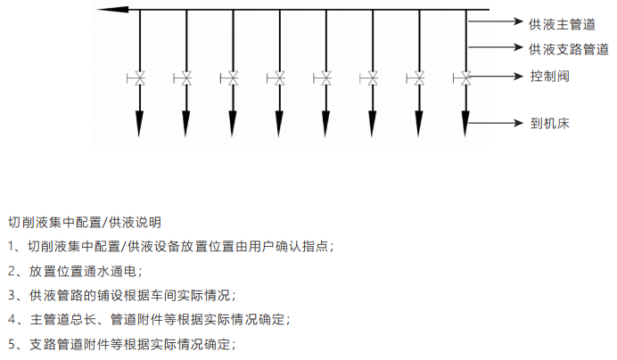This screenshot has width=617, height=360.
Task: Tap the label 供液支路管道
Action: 568,49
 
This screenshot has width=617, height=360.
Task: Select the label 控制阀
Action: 549,77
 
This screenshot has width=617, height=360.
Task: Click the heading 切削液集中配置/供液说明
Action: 84,221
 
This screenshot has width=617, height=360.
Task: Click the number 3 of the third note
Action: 12,294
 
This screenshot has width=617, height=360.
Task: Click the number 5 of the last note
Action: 12,343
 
